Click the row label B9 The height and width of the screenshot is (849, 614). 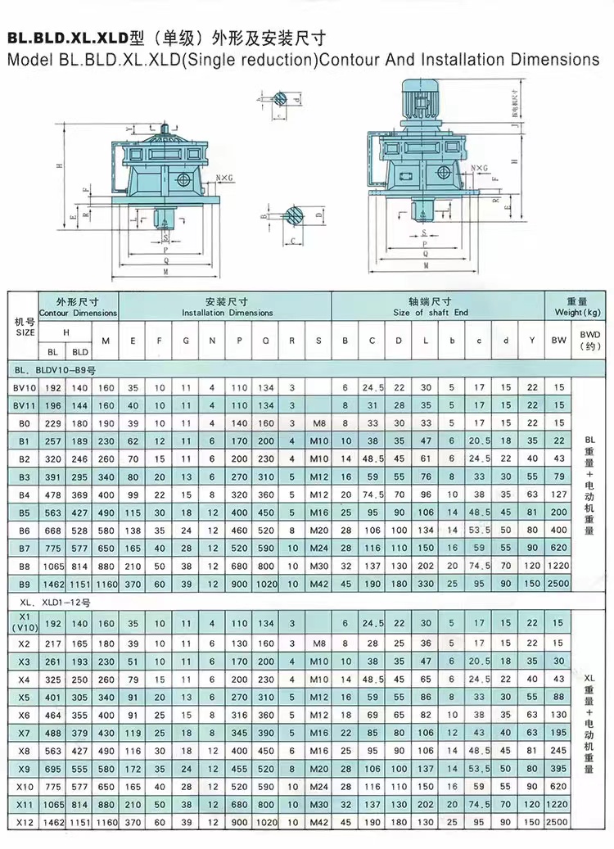coord(24,584)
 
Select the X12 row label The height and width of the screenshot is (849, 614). coord(24,821)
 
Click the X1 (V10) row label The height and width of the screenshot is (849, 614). coord(24,623)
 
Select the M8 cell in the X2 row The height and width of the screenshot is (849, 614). coord(318,643)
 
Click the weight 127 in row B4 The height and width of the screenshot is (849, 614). coord(558,494)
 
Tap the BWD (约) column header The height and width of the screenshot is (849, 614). coord(589,340)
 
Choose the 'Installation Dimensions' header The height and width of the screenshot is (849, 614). coord(227,313)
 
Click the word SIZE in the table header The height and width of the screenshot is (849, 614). coord(25,333)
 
